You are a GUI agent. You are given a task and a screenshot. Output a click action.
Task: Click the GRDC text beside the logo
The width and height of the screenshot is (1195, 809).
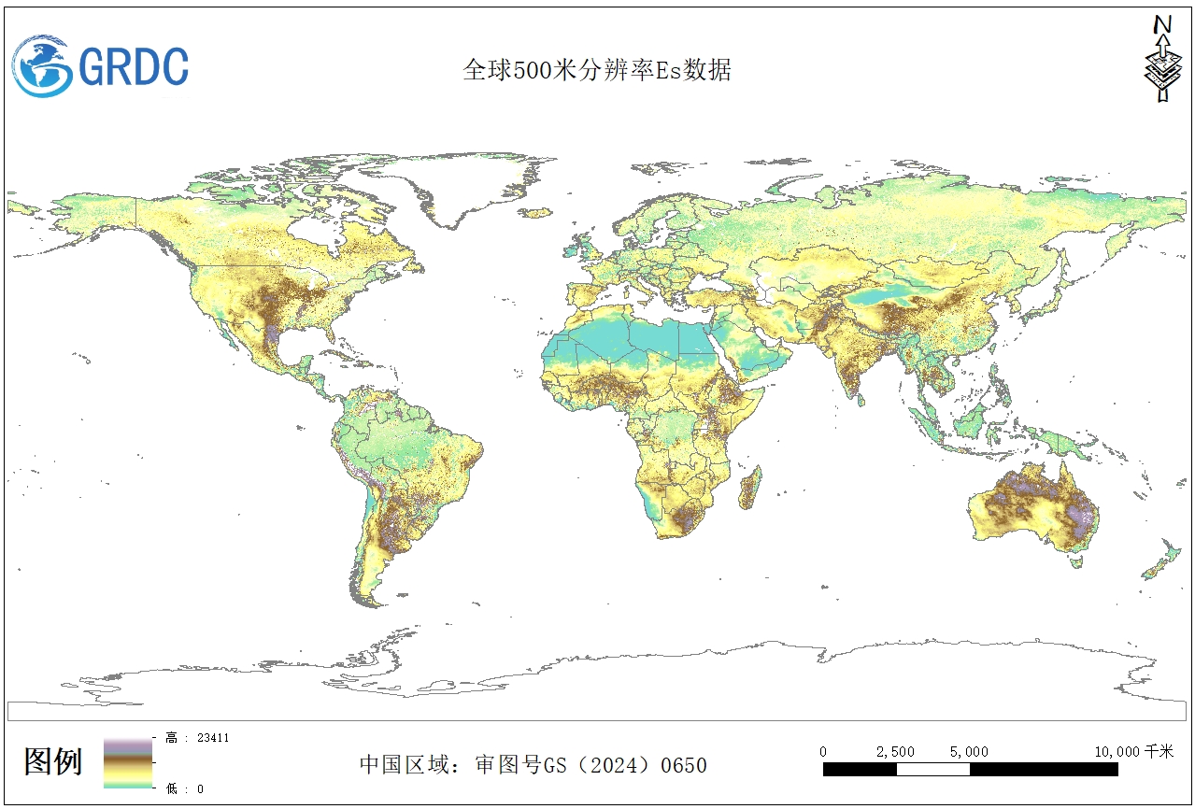[x=134, y=66]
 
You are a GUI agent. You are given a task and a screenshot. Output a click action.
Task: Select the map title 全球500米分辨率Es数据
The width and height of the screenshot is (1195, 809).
[x=597, y=71]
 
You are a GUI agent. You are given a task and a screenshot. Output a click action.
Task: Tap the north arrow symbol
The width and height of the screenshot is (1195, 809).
[x=1161, y=58]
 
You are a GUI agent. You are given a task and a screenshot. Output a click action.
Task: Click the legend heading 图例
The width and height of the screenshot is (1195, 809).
[x=53, y=761]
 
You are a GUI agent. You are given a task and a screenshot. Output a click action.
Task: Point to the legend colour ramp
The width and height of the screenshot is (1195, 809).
[x=128, y=763]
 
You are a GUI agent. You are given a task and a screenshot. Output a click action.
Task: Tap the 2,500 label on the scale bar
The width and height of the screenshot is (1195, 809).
[x=894, y=752]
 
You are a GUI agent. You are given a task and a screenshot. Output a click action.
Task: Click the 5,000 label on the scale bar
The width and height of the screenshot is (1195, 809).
[x=969, y=752]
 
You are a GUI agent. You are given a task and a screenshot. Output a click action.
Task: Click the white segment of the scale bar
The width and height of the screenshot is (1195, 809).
[x=932, y=770]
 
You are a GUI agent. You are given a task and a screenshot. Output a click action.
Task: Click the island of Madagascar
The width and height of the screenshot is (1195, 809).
[x=749, y=488]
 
